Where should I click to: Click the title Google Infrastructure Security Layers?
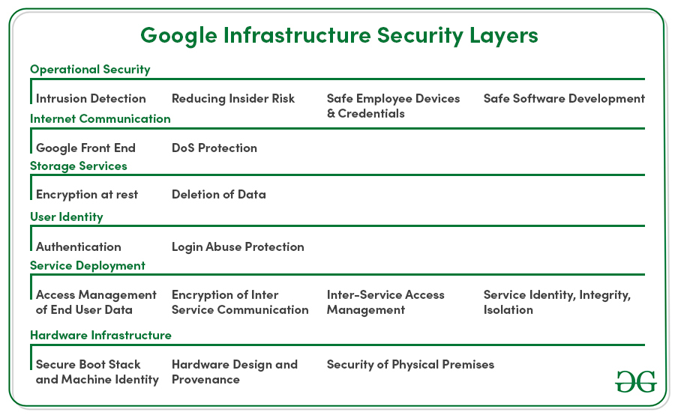pos(339,36)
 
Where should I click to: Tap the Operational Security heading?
pos(90,69)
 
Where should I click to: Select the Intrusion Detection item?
pos(91,98)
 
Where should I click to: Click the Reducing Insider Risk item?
pos(233,98)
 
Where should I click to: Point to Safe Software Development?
pos(564,98)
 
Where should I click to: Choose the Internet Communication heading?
pos(100,118)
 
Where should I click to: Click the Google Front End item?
pos(85,148)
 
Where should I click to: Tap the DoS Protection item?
pos(214,148)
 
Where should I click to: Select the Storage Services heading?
pos(78,166)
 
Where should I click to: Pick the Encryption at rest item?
pos(87,194)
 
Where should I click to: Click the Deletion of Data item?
pos(219,194)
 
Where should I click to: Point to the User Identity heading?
pos(66,216)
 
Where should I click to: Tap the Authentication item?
pos(78,247)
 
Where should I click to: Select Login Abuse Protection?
pos(238,247)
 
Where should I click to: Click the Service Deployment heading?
pos(88,266)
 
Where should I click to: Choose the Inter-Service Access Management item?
pos(385,303)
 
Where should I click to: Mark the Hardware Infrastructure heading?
pos(100,335)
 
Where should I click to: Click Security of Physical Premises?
pos(410,365)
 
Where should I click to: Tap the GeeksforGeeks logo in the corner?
pos(636,381)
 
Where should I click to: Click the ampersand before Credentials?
pos(331,114)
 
